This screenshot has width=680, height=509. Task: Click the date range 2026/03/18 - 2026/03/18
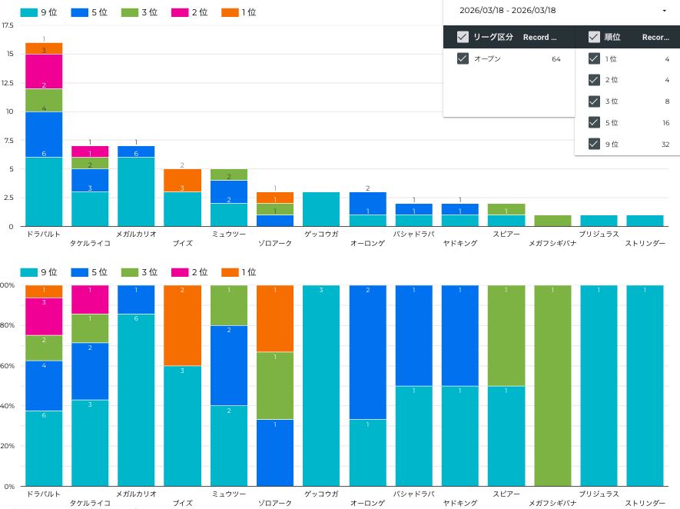[507, 11]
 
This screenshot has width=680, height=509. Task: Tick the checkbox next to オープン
[463, 58]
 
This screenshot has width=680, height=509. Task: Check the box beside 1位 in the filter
[594, 58]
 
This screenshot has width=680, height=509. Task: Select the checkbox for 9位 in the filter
[594, 143]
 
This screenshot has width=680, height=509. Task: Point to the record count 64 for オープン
[556, 58]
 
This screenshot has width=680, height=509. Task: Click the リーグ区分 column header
[493, 37]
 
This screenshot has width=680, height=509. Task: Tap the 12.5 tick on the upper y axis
[8, 82]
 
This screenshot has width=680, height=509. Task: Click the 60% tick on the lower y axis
[8, 366]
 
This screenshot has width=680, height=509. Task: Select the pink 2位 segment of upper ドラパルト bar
[44, 72]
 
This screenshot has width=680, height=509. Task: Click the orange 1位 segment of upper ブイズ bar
[183, 180]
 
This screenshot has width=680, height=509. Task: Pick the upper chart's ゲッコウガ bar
[321, 209]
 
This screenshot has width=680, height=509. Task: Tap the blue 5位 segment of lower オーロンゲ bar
[368, 352]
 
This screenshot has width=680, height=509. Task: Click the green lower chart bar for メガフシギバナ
[553, 385]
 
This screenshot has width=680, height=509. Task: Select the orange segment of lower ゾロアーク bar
[275, 318]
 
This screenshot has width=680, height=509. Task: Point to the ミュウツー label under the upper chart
[229, 234]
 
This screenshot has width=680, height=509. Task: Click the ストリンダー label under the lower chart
[645, 504]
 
